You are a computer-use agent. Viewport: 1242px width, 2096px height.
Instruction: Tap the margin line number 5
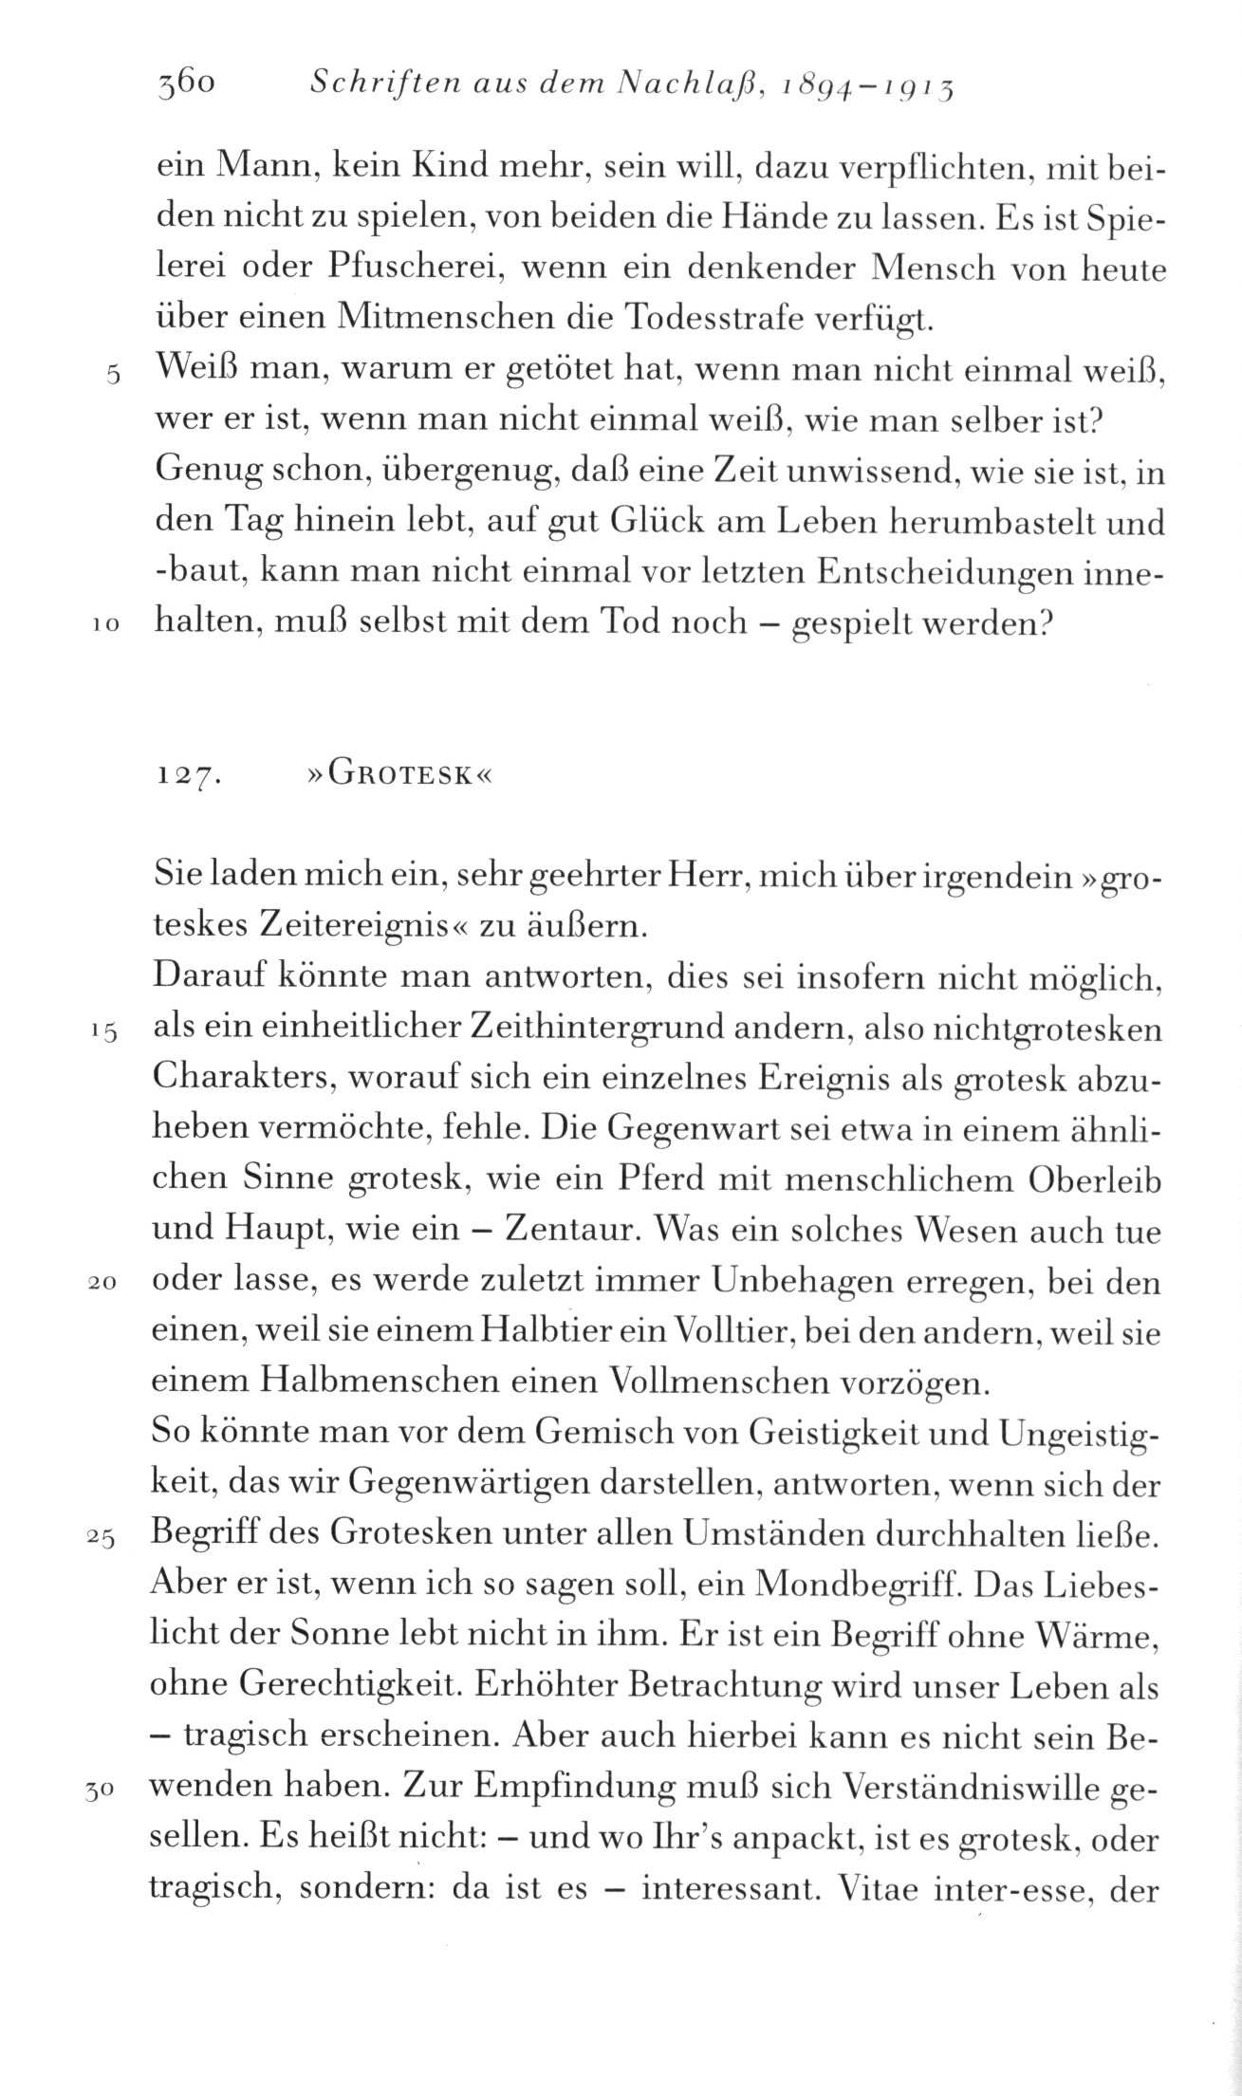click(x=112, y=375)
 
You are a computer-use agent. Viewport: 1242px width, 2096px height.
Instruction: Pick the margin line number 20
click(x=102, y=1286)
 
